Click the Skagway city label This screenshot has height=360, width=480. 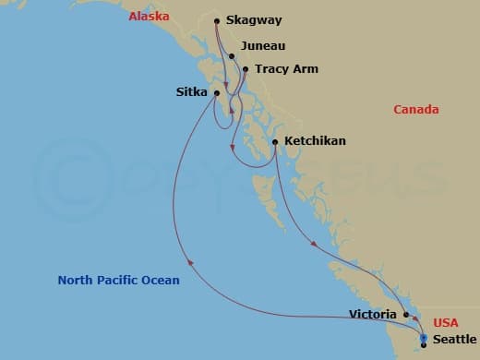[x=254, y=20]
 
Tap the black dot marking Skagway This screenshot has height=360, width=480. [x=216, y=20]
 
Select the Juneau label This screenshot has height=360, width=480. [x=262, y=45]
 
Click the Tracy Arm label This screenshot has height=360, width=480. [x=286, y=68]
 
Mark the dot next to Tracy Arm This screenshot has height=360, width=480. [x=246, y=68]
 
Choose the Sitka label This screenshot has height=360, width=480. [x=192, y=91]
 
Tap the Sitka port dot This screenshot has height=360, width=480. [x=217, y=92]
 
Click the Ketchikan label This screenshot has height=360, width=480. [x=315, y=141]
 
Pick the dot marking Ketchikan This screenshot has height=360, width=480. [x=275, y=141]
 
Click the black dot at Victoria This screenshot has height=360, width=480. [x=406, y=314]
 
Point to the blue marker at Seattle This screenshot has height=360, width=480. [x=424, y=339]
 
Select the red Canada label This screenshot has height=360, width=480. [x=415, y=110]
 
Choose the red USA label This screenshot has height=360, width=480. [x=447, y=322]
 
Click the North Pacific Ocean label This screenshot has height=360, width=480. [x=118, y=280]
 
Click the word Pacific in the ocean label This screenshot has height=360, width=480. [x=120, y=280]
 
